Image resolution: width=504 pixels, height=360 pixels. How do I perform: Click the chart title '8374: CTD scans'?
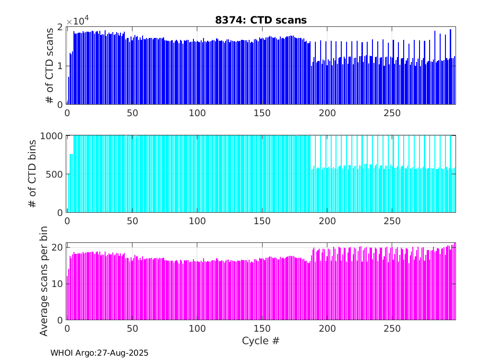(x=261, y=20)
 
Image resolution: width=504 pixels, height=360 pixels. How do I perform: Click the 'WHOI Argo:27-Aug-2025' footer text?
(x=99, y=353)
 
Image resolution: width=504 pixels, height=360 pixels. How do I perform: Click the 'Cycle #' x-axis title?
(x=261, y=341)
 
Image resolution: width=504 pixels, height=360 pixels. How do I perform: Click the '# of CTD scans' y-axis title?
(x=49, y=66)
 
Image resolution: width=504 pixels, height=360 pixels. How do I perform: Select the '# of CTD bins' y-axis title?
(x=33, y=174)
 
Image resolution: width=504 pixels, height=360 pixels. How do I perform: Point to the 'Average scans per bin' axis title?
(x=44, y=282)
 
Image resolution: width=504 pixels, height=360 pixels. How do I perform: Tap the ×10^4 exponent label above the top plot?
(x=78, y=21)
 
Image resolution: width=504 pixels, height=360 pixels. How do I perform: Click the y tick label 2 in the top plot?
(x=60, y=27)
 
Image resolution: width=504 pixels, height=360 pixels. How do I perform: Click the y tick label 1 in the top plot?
(x=60, y=66)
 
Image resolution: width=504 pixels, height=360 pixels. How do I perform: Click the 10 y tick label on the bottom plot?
(x=57, y=284)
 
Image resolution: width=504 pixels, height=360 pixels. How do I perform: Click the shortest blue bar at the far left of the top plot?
(x=69, y=91)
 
